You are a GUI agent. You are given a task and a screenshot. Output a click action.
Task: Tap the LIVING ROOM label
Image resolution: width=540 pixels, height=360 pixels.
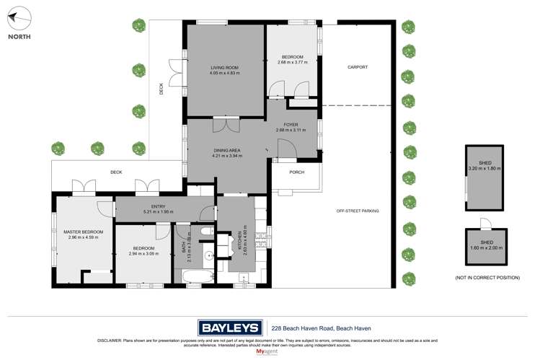point(223,67)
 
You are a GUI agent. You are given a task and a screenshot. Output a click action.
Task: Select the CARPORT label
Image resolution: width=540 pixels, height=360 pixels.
point(357,67)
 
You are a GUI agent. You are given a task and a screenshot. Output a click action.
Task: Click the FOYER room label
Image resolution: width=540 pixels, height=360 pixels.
point(291,125)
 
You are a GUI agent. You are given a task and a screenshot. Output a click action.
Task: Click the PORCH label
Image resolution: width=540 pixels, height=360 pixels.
point(296,172)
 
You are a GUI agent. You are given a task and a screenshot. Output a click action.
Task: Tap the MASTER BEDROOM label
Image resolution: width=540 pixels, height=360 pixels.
point(83,232)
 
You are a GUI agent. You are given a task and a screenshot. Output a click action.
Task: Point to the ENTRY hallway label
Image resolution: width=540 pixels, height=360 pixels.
point(159,207)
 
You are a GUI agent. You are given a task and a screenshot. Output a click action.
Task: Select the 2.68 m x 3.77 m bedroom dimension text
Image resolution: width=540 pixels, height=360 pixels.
point(292,62)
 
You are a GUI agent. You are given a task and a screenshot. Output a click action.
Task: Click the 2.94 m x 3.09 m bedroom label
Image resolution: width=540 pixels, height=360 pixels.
point(143,255)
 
